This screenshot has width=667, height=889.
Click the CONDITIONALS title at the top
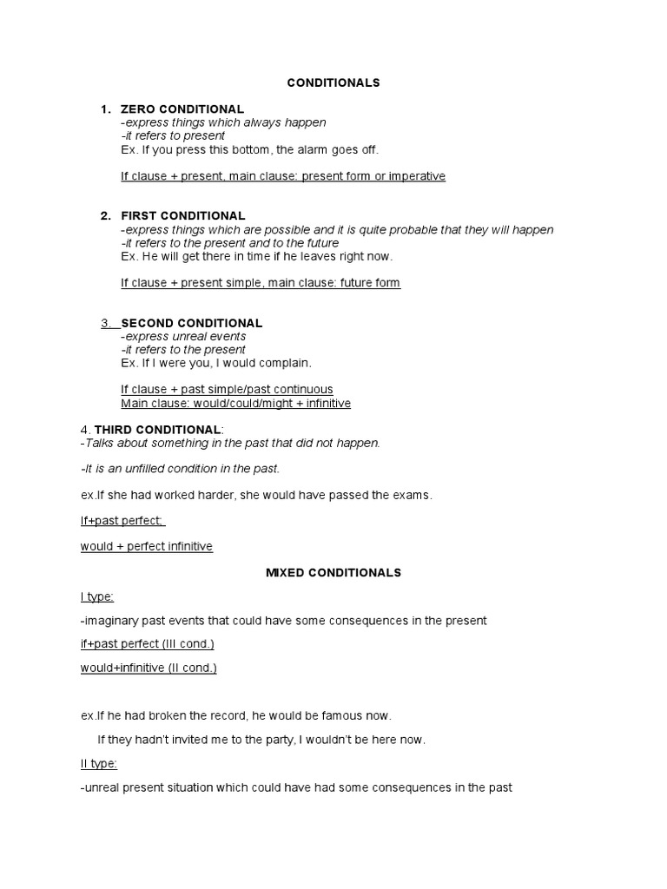pyautogui.click(x=333, y=82)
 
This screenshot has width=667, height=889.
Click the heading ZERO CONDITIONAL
pyautogui.click(x=182, y=109)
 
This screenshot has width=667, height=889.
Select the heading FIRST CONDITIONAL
pyautogui.click(x=183, y=215)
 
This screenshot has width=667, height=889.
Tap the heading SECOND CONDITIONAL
pyautogui.click(x=191, y=323)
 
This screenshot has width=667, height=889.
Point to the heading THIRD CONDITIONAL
pyautogui.click(x=157, y=430)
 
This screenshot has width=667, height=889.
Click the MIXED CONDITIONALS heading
pyautogui.click(x=333, y=573)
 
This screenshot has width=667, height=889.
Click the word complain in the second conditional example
pyautogui.click(x=284, y=363)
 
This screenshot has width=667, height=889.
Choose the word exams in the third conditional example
pyautogui.click(x=409, y=495)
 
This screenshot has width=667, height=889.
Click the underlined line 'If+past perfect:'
pyautogui.click(x=122, y=521)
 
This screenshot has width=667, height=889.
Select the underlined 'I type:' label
pyautogui.click(x=97, y=596)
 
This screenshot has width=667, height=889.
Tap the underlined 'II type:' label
pyautogui.click(x=99, y=764)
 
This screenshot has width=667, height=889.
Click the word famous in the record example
pyautogui.click(x=344, y=716)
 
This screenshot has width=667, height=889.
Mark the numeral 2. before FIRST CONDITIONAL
pyautogui.click(x=105, y=215)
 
